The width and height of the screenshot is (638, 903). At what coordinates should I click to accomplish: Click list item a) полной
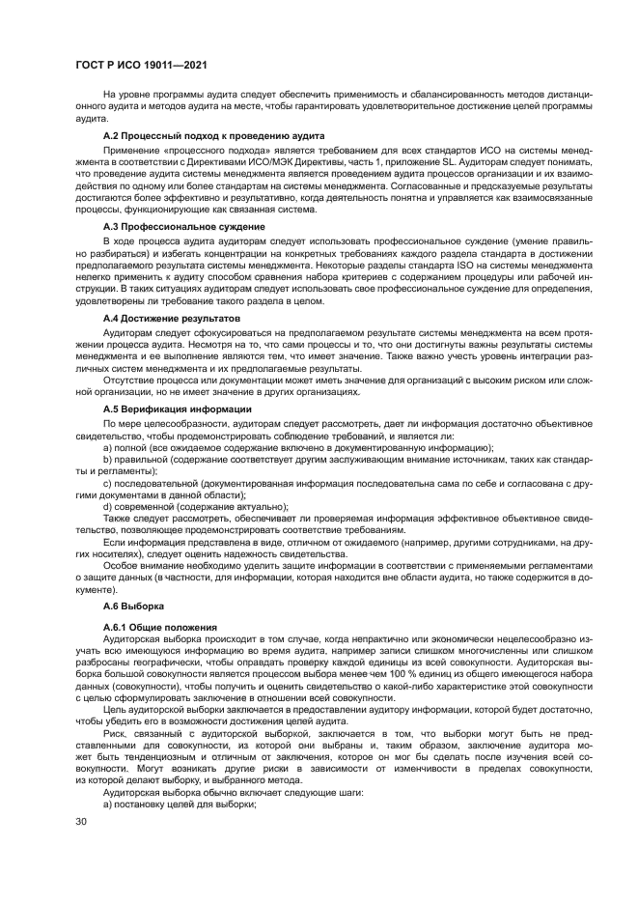pyautogui.click(x=132, y=448)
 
